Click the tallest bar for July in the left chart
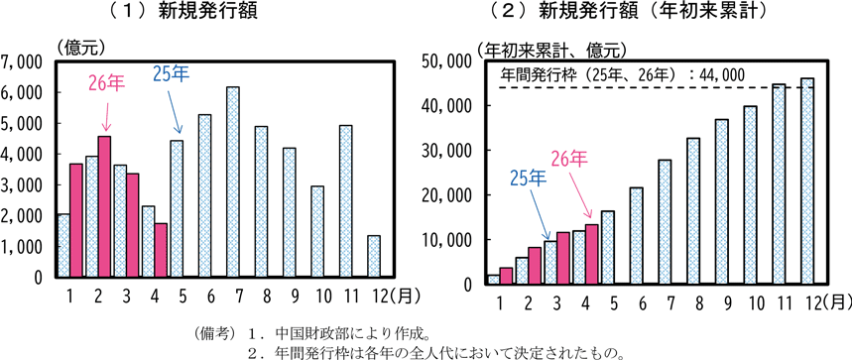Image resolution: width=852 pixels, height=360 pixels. tap(232, 181)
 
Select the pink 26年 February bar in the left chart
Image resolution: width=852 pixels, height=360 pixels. tap(104, 207)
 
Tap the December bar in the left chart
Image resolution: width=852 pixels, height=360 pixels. tap(374, 256)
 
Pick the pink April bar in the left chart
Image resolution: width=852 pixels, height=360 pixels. tap(161, 250)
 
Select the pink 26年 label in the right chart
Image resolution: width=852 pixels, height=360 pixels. tap(569, 159)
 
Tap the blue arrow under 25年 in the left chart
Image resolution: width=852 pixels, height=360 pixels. tap(174, 111)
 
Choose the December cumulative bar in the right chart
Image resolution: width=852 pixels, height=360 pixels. tap(807, 180)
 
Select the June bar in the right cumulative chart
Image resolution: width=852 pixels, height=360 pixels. tap(637, 236)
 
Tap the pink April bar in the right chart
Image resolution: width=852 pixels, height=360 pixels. tap(593, 254)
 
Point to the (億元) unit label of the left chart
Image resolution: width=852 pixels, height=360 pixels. tap(80, 48)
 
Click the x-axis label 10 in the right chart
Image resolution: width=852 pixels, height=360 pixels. tap(751, 303)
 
